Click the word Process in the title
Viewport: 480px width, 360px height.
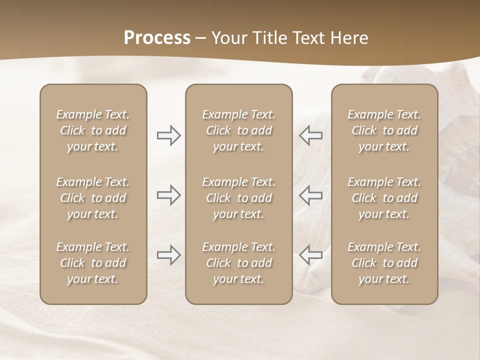tap(157, 38)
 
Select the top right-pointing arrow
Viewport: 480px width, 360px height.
tap(168, 135)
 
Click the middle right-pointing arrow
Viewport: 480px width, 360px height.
tap(168, 195)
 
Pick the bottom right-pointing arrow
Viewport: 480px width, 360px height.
tap(168, 255)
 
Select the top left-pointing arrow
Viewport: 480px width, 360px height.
tap(310, 135)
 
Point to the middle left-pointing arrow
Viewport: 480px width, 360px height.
tap(310, 195)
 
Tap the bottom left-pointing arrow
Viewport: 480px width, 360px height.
tap(310, 255)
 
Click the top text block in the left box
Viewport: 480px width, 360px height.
tap(93, 130)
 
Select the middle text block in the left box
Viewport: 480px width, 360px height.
tap(93, 198)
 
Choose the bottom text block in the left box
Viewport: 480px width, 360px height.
tap(93, 263)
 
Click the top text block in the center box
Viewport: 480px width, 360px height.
tap(238, 130)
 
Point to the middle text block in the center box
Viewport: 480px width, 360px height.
tap(238, 198)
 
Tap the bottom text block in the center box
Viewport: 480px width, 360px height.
tap(238, 263)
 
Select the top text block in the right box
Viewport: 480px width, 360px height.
tap(384, 130)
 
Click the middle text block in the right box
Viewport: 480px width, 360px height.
tap(384, 198)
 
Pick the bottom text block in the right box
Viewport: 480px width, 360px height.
tap(384, 263)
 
